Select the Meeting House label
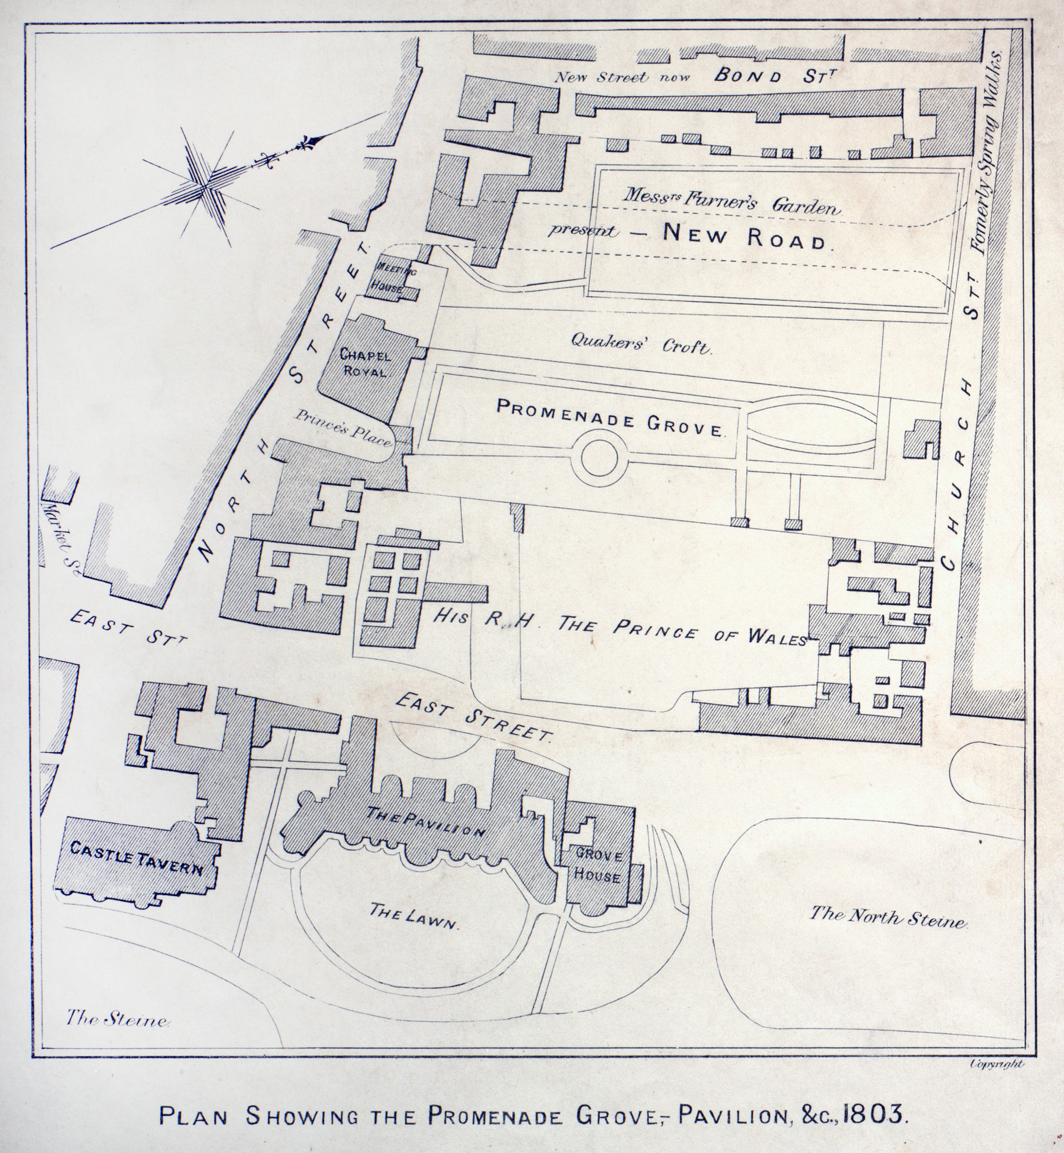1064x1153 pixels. [393, 277]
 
